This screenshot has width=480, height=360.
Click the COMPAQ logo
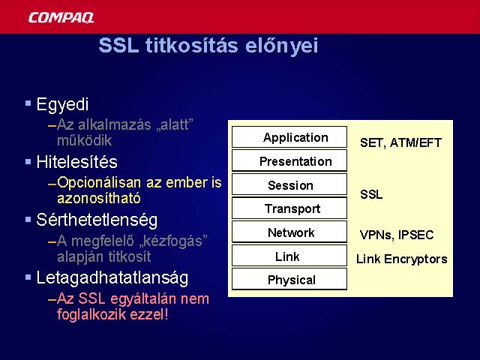[x=61, y=17]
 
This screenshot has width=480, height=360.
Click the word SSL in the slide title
[x=118, y=45]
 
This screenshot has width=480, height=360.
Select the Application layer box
[x=289, y=137]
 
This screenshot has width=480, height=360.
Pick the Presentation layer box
[x=289, y=160]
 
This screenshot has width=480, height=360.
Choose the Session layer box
[x=289, y=184]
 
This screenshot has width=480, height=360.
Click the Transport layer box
[x=289, y=208]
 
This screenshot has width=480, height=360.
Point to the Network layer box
[x=289, y=232]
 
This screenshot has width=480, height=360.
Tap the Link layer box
[x=289, y=256]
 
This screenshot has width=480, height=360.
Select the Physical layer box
[x=289, y=279]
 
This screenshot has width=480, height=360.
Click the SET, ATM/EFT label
[x=400, y=142]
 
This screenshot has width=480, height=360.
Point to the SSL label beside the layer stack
[x=371, y=194]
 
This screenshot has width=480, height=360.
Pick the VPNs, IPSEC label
[x=397, y=235]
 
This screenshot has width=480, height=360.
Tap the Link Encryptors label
[x=402, y=259]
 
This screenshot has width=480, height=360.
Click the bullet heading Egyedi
[x=62, y=105]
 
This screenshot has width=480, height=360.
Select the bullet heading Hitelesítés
[x=76, y=162]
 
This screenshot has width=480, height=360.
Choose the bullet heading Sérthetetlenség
[x=97, y=220]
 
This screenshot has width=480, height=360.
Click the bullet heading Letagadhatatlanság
[x=112, y=278]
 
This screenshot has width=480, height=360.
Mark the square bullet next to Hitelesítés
[x=28, y=161]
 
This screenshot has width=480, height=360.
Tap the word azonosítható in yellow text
[x=99, y=198]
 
